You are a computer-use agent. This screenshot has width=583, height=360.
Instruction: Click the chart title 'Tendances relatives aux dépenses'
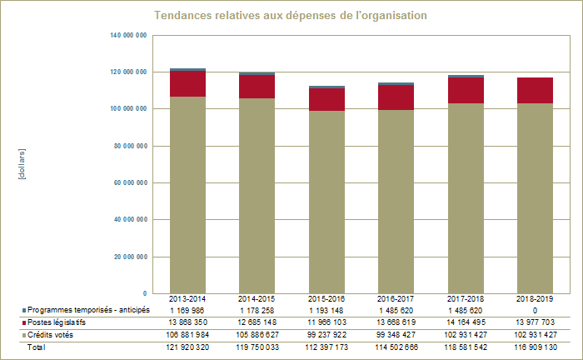click(291, 16)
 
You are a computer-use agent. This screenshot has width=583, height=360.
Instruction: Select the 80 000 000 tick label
click(130, 146)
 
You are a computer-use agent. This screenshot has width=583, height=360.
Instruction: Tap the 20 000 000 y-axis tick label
click(130, 257)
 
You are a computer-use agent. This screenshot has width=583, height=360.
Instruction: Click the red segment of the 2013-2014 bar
click(188, 83)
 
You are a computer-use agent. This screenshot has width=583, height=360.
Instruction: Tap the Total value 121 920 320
click(188, 347)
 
